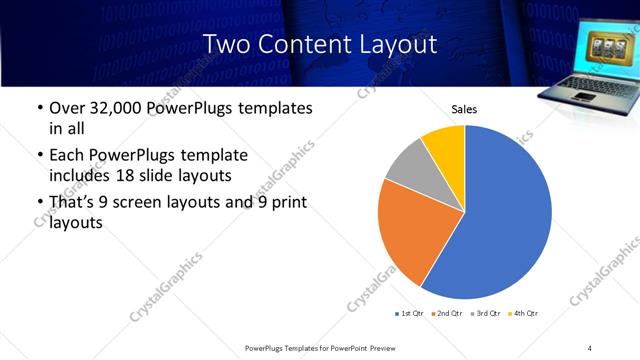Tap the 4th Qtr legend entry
pos(525,314)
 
